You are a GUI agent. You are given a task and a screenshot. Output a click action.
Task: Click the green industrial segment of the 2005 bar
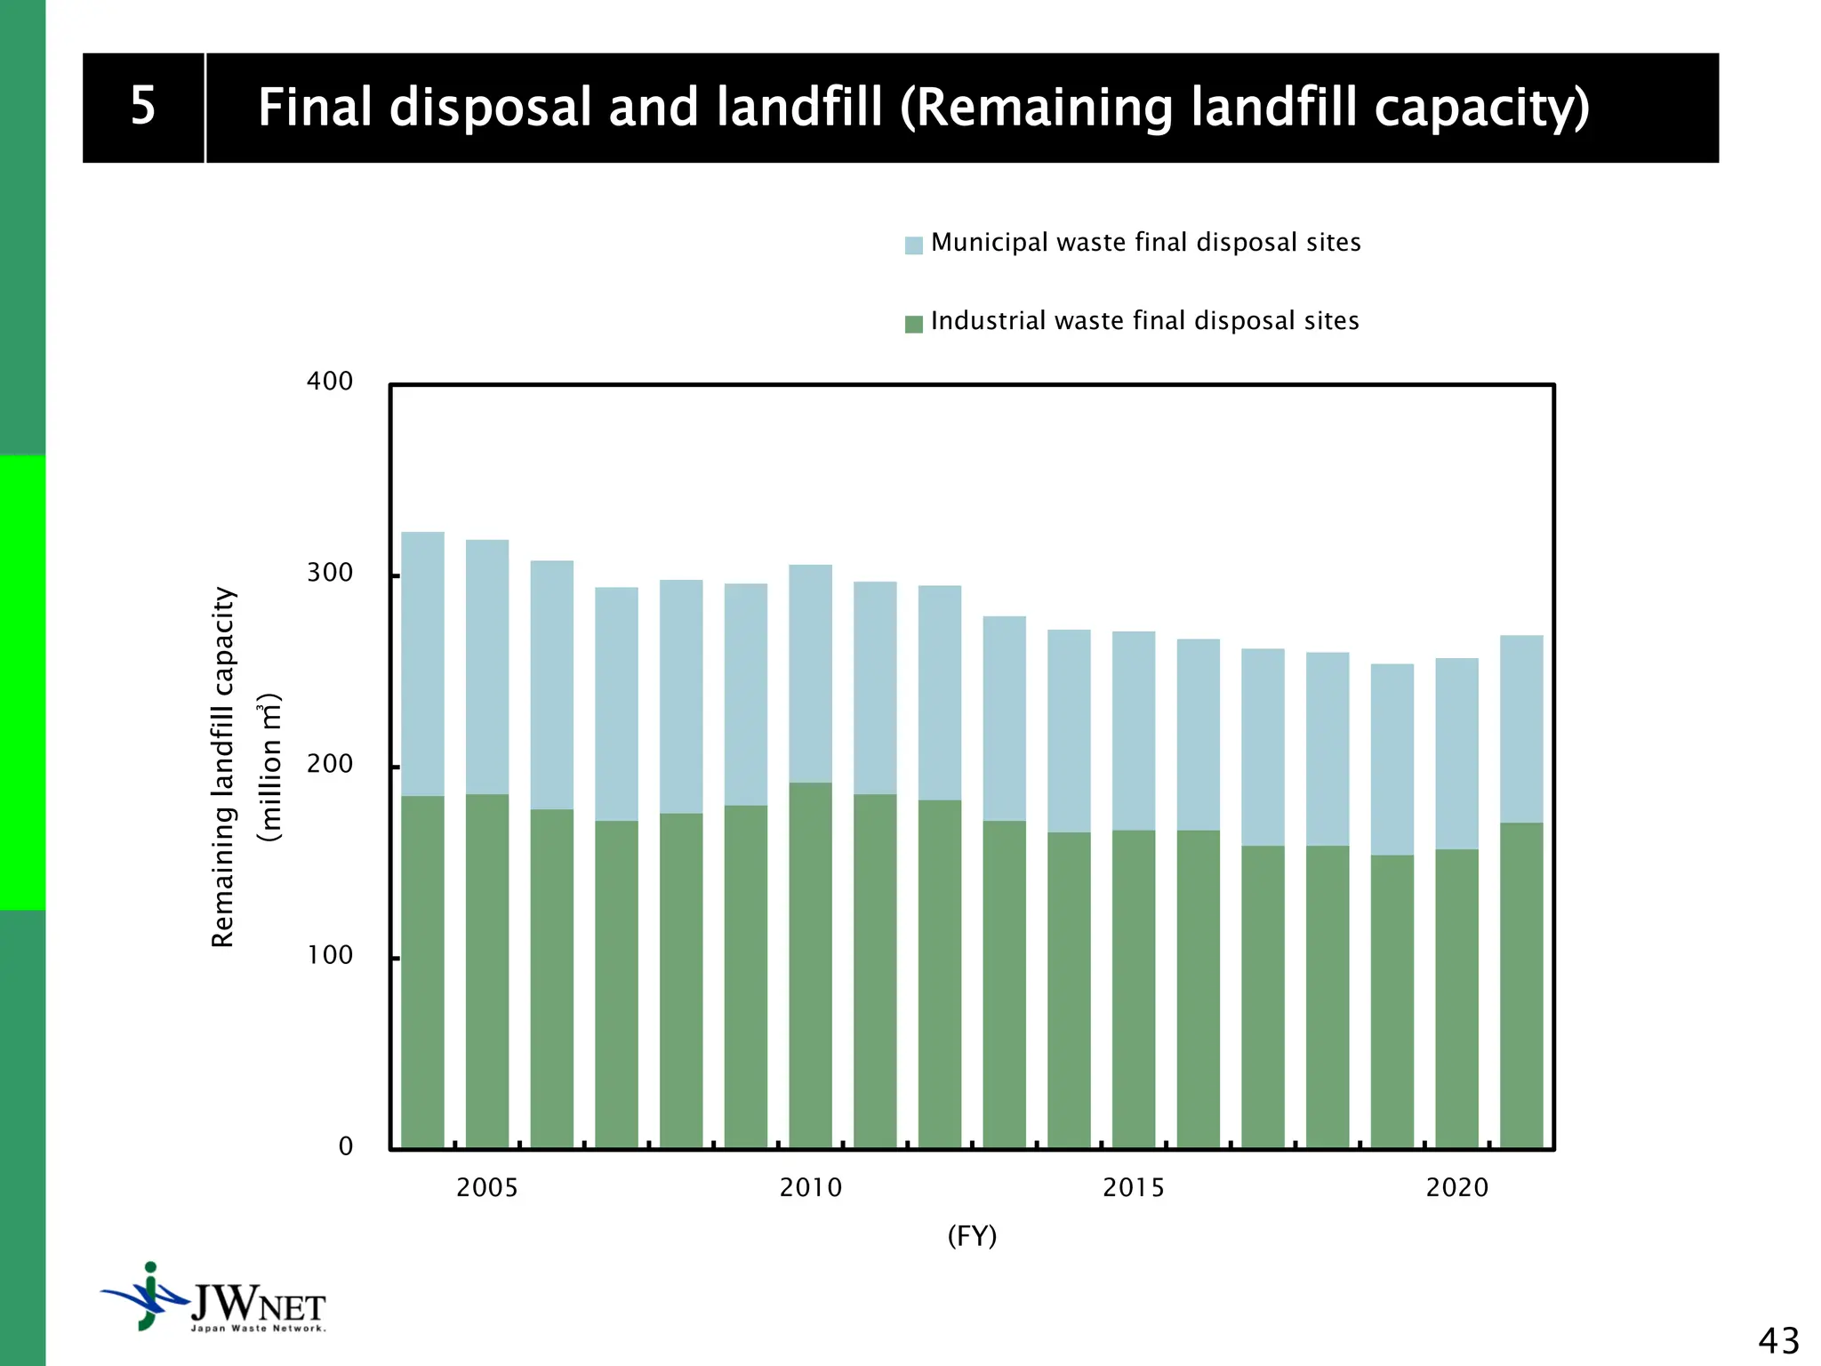tap(487, 969)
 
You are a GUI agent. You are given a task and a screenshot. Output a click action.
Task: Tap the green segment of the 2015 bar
tap(1134, 987)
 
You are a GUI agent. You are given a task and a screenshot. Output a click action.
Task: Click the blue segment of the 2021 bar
tap(1521, 728)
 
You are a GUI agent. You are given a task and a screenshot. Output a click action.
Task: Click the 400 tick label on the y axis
tap(330, 382)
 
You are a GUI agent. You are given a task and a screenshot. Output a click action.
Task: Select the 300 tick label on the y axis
tap(330, 573)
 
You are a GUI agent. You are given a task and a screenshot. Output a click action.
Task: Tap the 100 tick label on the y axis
tap(330, 955)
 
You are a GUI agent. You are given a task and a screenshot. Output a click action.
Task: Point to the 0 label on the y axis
tap(346, 1146)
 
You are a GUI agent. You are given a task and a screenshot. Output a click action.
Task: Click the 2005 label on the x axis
tap(486, 1188)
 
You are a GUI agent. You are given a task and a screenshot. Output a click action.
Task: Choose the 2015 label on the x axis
tap(1133, 1188)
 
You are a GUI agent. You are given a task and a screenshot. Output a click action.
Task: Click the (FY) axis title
tap(972, 1236)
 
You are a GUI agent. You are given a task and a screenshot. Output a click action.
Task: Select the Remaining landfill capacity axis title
tap(223, 767)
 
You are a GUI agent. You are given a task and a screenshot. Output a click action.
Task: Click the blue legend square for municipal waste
tap(913, 245)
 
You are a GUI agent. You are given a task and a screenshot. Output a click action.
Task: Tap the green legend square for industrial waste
tap(913, 324)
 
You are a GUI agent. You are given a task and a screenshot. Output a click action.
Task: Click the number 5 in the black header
tap(143, 107)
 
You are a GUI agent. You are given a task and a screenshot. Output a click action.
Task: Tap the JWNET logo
tap(213, 1299)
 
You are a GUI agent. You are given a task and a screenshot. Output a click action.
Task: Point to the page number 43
tap(1777, 1340)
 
